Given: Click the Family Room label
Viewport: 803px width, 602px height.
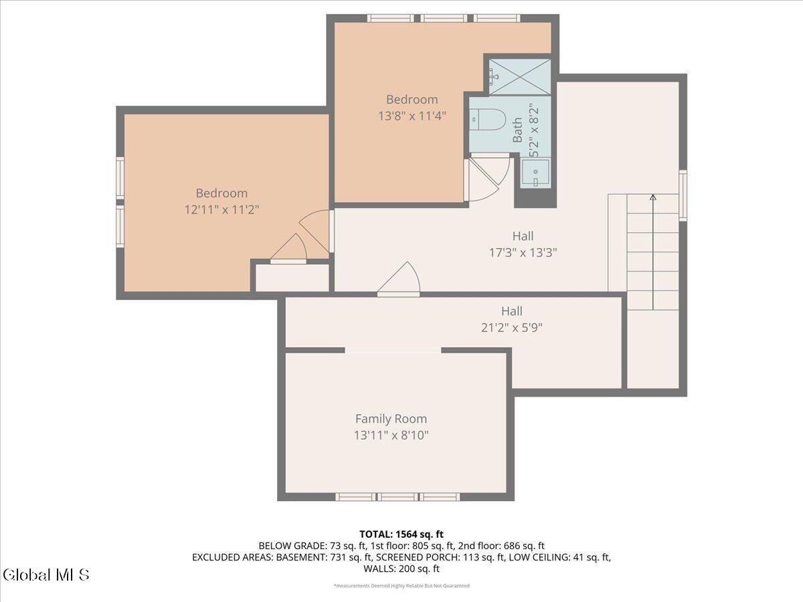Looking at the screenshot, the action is coord(391,419).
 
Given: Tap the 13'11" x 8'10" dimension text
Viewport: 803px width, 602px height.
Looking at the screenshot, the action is coord(391,435).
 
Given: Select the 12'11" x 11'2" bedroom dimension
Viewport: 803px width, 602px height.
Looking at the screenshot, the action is coord(221,210).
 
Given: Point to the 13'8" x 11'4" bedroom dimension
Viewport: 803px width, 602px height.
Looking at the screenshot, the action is coord(412,116).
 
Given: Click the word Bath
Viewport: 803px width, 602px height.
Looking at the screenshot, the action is coord(517,130).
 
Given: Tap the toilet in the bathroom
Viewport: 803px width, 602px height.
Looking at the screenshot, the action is coord(488,120).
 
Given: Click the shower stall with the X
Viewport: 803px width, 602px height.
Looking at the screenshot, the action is coord(520,77).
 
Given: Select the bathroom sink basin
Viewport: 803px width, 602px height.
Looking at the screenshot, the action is coord(535,173).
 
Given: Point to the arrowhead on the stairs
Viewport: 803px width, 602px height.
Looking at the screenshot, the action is coord(653,197).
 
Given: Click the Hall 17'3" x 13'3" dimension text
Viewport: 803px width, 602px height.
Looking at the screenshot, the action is coord(523,253).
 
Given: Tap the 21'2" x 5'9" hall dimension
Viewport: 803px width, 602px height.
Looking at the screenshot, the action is coord(511,328).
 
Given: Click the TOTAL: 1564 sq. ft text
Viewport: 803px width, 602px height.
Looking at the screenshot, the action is coord(401,534).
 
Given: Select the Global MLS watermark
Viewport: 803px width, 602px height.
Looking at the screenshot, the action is coord(46,575).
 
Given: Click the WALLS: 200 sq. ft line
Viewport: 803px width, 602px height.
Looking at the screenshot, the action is coord(401,569).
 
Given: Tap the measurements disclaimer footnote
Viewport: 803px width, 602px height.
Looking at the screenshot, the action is coord(401,585).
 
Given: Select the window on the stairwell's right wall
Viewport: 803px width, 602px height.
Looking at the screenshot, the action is coord(683,195).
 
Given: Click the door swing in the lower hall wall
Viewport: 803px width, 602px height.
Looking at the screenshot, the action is coord(399,279).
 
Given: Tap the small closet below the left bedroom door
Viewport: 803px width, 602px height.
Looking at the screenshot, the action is coord(292,278).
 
